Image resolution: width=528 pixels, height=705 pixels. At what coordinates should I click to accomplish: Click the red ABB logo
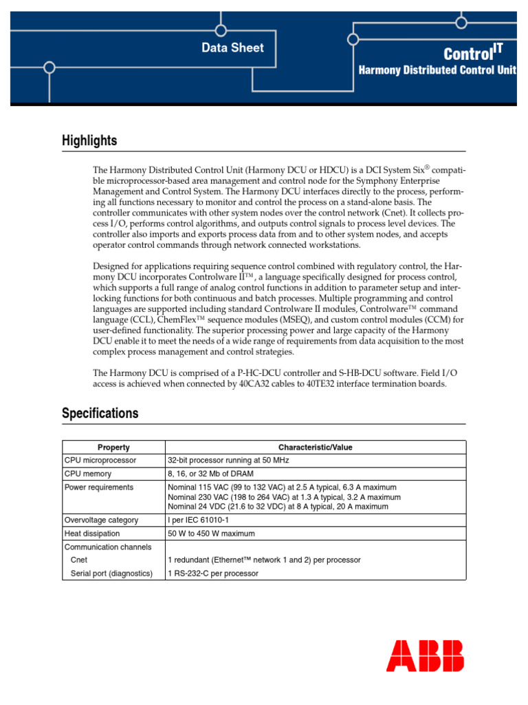point(424,655)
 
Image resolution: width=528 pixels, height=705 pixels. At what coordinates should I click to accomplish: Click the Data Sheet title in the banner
point(232,48)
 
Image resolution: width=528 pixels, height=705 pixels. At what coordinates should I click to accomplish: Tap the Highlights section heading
point(89,141)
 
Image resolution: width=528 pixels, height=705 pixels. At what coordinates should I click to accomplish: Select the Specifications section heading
point(100,414)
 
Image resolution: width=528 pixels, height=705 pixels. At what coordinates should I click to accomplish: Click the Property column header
point(113,448)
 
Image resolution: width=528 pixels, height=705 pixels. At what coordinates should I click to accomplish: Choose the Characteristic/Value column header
point(315,448)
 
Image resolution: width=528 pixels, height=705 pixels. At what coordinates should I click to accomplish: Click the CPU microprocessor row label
point(100,460)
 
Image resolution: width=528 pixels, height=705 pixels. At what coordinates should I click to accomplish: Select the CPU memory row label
point(88,474)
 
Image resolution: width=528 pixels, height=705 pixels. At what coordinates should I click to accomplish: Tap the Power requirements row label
point(99,487)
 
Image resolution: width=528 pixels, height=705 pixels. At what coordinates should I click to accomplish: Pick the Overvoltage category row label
point(101,520)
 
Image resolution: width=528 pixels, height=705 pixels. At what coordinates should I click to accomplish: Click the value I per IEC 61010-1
point(199,520)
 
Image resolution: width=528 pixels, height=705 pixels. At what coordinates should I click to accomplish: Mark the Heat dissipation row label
point(92,534)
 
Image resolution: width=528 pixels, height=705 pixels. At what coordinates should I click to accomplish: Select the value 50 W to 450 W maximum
point(211,534)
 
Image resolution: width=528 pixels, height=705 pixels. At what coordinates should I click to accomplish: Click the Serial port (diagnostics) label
point(111,573)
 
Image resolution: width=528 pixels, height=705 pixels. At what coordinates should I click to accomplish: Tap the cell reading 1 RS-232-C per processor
point(213,573)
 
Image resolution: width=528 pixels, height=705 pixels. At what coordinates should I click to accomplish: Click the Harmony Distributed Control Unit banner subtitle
point(438,71)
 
